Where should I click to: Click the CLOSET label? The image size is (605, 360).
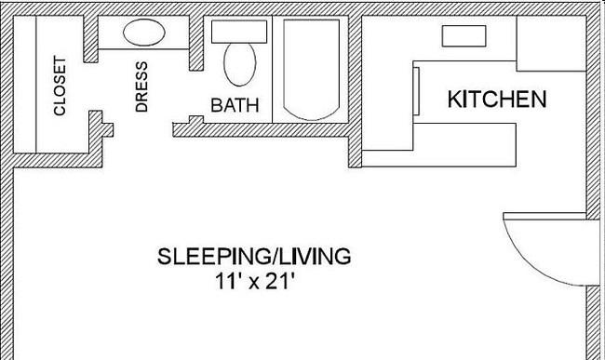tap(60, 86)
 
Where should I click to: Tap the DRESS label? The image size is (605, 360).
tap(141, 87)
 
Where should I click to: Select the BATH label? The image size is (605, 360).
tap(235, 105)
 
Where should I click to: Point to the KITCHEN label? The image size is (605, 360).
tap(497, 99)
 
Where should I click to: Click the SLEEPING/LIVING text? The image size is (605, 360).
tap(254, 257)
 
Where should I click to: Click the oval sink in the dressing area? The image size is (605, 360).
tap(144, 33)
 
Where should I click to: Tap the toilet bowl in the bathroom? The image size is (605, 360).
tap(240, 64)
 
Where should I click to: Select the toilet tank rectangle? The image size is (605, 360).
tap(239, 32)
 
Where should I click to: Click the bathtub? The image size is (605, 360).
tap(312, 70)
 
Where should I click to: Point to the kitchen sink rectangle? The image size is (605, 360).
tap(464, 36)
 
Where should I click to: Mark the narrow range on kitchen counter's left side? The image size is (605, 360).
tap(416, 91)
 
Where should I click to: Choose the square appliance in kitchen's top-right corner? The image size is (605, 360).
tap(551, 44)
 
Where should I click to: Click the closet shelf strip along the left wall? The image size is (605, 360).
tap(25, 84)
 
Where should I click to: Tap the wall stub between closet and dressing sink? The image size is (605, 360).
tap(91, 38)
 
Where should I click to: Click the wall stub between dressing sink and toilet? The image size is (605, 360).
tap(196, 43)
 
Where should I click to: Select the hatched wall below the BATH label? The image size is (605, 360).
tap(261, 130)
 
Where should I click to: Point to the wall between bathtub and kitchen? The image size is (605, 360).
tap(355, 91)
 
